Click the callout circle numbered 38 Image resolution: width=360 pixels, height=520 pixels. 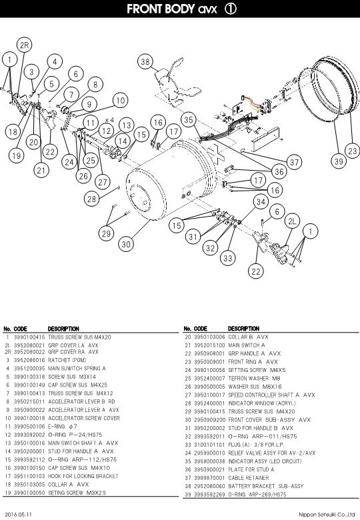tap(146, 62)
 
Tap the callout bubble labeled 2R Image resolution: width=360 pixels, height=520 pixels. tap(25, 45)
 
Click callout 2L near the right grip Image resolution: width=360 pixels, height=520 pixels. tap(291, 221)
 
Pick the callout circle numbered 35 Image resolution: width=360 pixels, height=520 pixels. tap(189, 120)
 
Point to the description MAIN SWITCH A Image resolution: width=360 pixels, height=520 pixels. tap(247, 345)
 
